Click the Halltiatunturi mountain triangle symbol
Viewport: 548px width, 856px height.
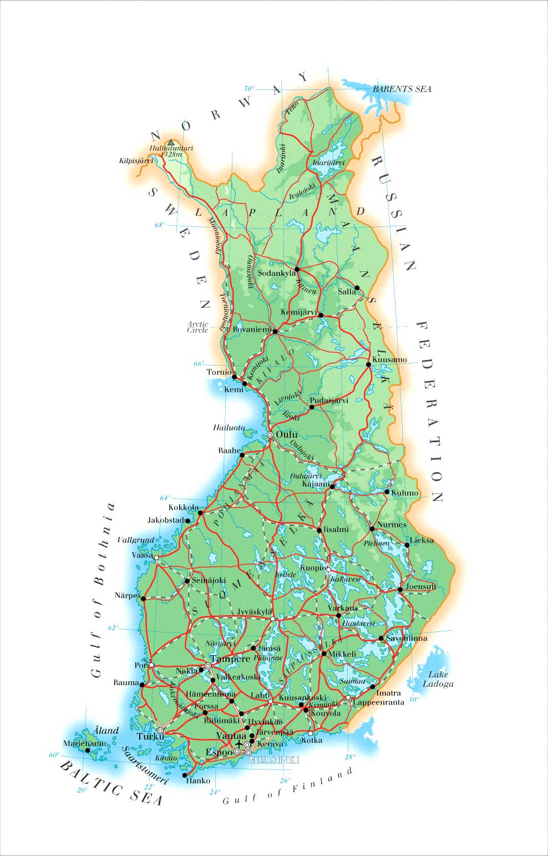pos(171,143)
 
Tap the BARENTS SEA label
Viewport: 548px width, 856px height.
pos(402,89)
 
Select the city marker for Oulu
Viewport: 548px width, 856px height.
pos(270,435)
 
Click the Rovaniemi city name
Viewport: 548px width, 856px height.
pos(252,330)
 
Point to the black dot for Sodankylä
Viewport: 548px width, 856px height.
pos(297,269)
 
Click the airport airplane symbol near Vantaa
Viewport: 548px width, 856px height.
pos(239,743)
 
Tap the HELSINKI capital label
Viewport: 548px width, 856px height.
pos(275,760)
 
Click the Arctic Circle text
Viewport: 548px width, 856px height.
pos(198,327)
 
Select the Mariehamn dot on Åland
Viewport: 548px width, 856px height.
pos(87,750)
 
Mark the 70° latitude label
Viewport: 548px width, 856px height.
pos(249,89)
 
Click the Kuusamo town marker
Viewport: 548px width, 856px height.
pos(368,364)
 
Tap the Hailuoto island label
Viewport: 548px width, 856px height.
pos(229,428)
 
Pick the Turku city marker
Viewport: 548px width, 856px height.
pos(160,731)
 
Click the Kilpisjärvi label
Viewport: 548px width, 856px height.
pos(136,161)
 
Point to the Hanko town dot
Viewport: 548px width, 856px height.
pos(185,775)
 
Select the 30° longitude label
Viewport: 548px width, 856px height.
pos(414,700)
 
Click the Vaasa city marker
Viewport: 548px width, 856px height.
pos(156,558)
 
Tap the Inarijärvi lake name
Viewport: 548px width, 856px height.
pos(328,163)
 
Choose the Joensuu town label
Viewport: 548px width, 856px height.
pos(421,586)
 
